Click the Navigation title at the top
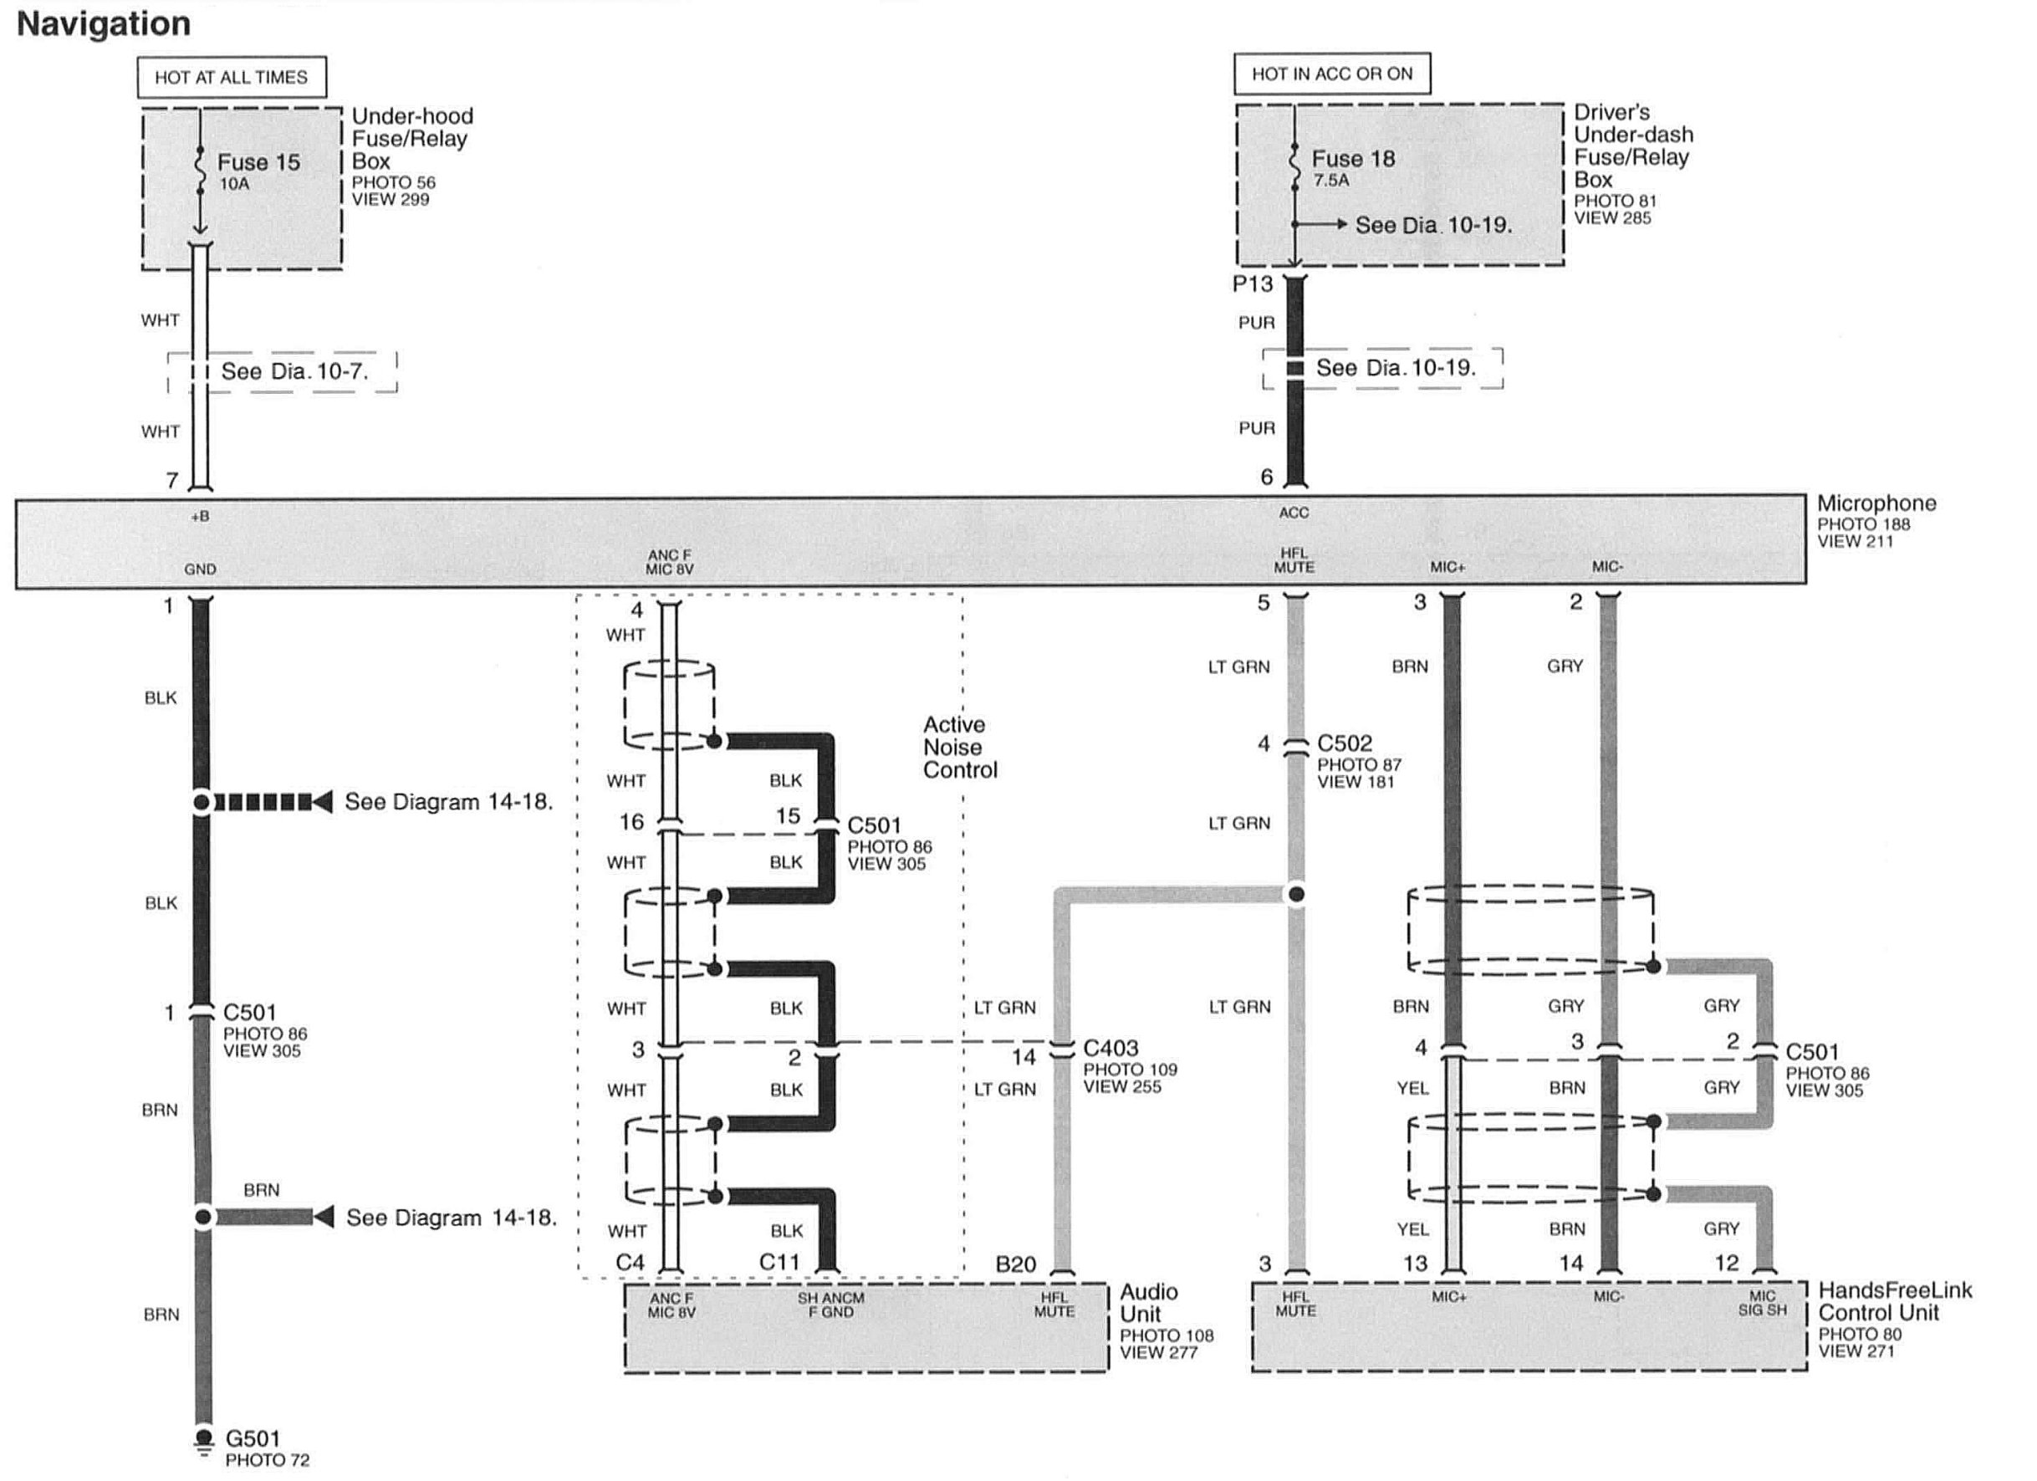click(x=104, y=23)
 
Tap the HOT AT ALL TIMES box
click(x=231, y=77)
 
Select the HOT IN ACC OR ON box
click(x=1331, y=74)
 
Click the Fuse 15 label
click(x=258, y=162)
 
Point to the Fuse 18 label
click(x=1353, y=159)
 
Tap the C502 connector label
click(x=1344, y=743)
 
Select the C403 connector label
click(x=1110, y=1048)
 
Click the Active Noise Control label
click(x=959, y=748)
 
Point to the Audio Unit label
click(x=1148, y=1303)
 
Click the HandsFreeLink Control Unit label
click(x=1894, y=1301)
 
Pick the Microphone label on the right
click(x=1876, y=503)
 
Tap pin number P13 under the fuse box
click(x=1252, y=284)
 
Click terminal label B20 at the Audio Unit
click(x=1015, y=1264)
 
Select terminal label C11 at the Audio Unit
click(x=779, y=1263)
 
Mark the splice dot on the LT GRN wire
click(x=1295, y=895)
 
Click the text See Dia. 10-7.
click(x=294, y=372)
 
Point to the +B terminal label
click(x=201, y=517)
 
